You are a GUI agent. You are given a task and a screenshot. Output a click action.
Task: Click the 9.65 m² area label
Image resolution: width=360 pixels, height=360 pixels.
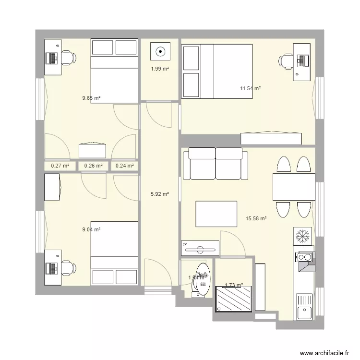[91, 98]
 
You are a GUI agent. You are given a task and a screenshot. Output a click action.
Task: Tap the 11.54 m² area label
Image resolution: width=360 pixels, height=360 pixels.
[250, 88]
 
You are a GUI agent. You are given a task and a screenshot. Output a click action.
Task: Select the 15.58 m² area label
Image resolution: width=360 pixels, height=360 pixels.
[256, 218]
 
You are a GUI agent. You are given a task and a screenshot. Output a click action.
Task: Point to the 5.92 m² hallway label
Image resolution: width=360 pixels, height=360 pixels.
[160, 194]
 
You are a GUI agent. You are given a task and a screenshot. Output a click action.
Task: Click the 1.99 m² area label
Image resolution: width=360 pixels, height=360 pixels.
[160, 69]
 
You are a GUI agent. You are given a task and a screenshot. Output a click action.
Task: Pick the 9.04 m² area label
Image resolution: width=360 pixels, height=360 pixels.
[91, 230]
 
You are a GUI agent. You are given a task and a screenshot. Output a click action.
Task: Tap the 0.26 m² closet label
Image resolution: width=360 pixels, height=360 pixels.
[93, 166]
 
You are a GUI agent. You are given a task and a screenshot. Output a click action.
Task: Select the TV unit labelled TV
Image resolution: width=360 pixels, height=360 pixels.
[200, 248]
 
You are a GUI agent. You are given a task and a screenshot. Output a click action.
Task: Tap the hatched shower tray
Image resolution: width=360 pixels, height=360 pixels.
[234, 299]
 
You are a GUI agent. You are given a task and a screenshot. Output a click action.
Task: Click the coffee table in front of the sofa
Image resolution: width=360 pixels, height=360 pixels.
[216, 214]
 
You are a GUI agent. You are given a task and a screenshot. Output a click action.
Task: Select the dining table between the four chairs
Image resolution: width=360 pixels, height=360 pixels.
[293, 187]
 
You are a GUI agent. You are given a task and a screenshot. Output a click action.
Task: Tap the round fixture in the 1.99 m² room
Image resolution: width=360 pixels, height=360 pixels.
[160, 50]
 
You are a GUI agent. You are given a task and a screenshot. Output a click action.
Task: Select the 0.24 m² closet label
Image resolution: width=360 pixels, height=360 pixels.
[124, 166]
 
